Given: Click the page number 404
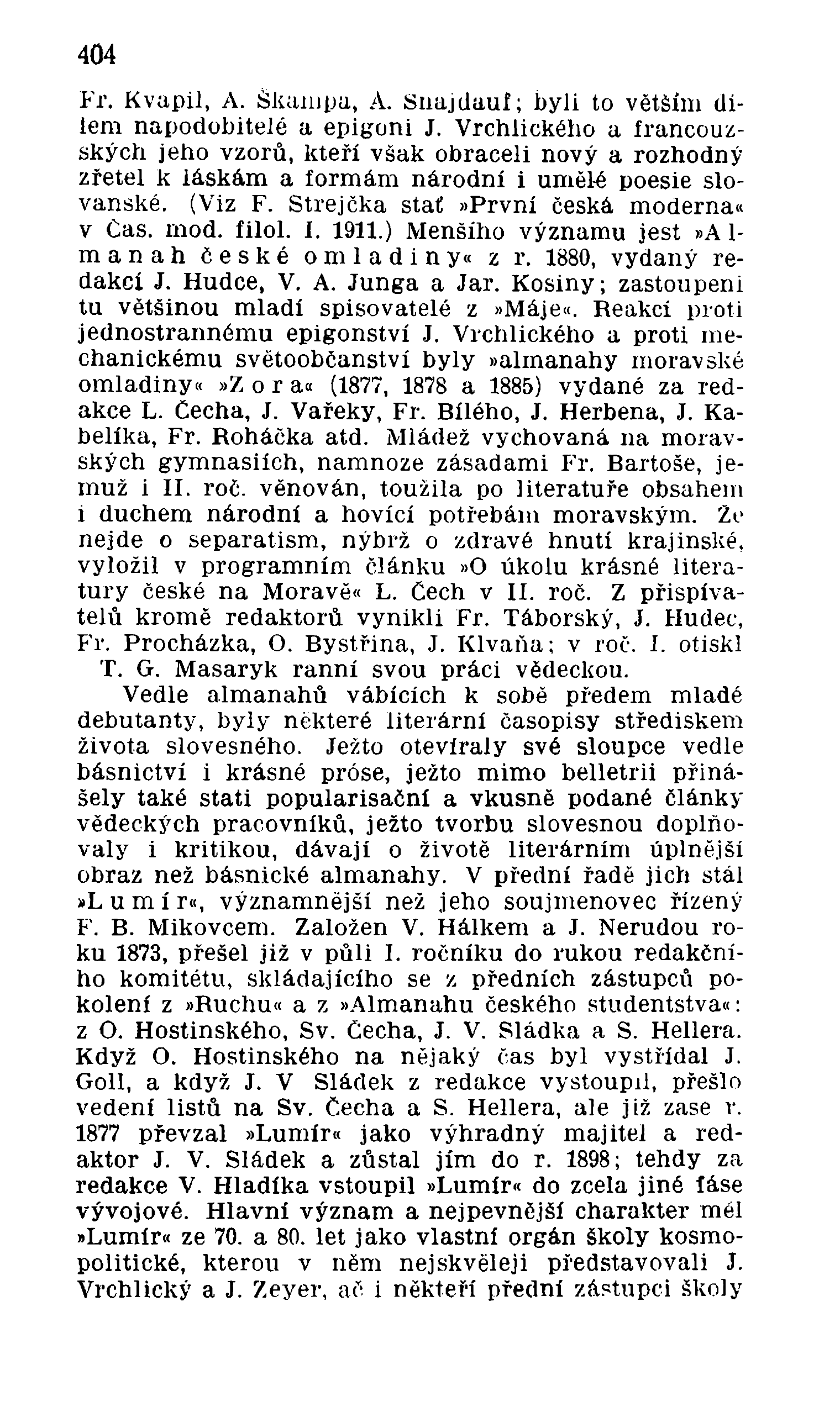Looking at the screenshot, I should (x=97, y=55).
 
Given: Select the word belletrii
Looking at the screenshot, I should (x=608, y=773).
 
